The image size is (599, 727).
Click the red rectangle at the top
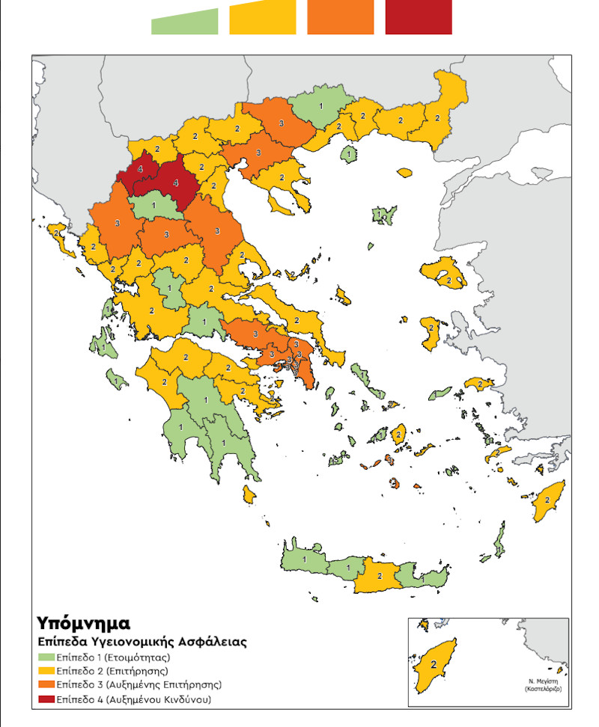point(418,17)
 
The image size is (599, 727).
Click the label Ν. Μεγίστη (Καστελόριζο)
point(544,686)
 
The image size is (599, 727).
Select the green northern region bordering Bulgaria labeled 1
point(321,107)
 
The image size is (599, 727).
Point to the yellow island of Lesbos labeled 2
point(447,277)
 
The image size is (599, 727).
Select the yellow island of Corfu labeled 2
point(57,234)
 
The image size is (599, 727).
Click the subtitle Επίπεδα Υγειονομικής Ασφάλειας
point(142,642)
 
